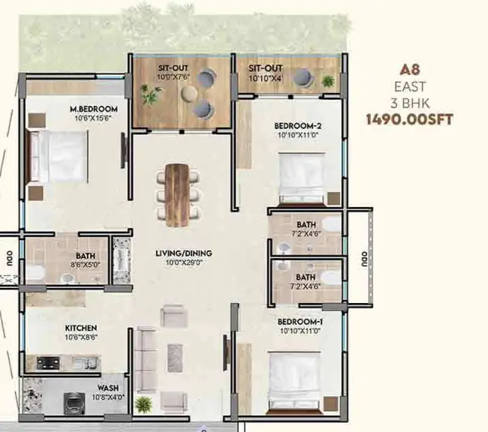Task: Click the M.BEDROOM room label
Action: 94,109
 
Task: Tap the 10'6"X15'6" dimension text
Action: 93,118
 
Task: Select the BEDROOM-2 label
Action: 298,126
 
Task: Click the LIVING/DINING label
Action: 184,253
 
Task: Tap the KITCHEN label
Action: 81,328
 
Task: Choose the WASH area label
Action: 107,388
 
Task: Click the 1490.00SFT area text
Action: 409,119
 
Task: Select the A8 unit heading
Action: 410,70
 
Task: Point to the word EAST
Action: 410,87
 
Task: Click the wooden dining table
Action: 177,195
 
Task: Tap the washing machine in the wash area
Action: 74,403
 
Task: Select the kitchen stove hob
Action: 48,363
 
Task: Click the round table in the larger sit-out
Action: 189,94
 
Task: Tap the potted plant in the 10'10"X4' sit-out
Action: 328,82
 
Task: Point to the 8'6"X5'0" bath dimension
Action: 86,265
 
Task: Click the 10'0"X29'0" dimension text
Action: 184,262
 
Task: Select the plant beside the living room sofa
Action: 143,404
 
